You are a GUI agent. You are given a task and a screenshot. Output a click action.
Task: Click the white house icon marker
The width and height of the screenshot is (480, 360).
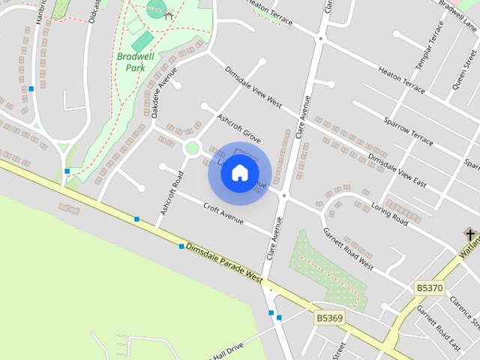pos(239,173)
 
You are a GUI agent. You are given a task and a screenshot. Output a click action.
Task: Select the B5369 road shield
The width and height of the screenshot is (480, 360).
pos(329,318)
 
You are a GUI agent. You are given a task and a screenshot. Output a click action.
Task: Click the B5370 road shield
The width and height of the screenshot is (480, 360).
pos(429,287)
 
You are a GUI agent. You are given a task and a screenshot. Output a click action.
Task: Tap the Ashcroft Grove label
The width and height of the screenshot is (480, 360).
pos(238,129)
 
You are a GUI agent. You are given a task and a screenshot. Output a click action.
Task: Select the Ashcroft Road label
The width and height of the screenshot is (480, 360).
pos(170,193)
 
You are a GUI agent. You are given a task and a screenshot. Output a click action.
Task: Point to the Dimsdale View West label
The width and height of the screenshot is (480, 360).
pos(253,86)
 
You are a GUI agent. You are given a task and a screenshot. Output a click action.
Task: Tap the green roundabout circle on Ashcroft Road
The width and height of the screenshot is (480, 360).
pos(192,148)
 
